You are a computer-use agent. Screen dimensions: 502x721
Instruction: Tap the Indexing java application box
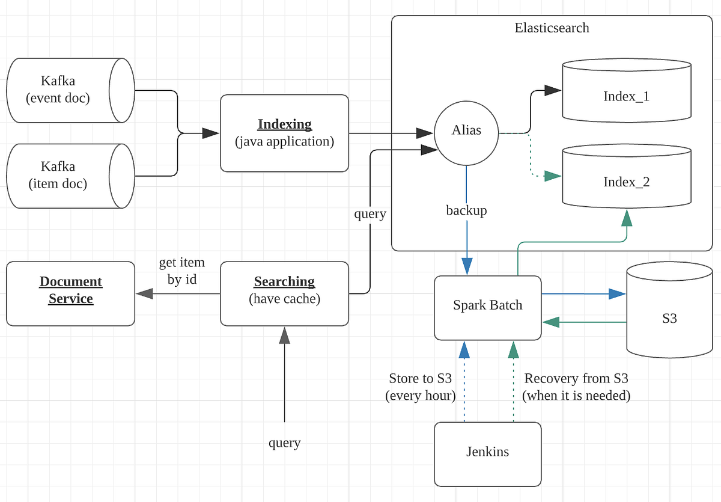(284, 133)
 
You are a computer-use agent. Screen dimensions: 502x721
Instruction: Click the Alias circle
(467, 130)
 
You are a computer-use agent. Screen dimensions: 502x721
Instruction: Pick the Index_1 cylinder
(626, 96)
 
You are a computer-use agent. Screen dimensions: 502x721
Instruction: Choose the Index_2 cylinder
(626, 182)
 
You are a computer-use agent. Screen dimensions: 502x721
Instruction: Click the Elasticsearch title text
(552, 28)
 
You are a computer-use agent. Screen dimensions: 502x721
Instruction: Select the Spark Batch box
(487, 305)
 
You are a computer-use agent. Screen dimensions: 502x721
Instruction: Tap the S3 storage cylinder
(669, 317)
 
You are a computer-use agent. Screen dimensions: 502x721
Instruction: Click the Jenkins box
(487, 451)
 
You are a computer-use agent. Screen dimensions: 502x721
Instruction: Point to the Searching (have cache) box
(284, 290)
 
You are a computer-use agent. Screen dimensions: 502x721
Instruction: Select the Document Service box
(70, 290)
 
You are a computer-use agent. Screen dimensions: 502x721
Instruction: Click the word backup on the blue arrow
(466, 210)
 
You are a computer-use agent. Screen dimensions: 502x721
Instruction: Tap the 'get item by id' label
(181, 271)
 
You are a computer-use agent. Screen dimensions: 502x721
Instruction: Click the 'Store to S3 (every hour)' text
(421, 387)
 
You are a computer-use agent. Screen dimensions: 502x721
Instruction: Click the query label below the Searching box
(284, 443)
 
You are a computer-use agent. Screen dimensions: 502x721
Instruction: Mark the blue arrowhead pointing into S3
(617, 294)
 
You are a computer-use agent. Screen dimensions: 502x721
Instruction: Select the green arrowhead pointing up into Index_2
(627, 218)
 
